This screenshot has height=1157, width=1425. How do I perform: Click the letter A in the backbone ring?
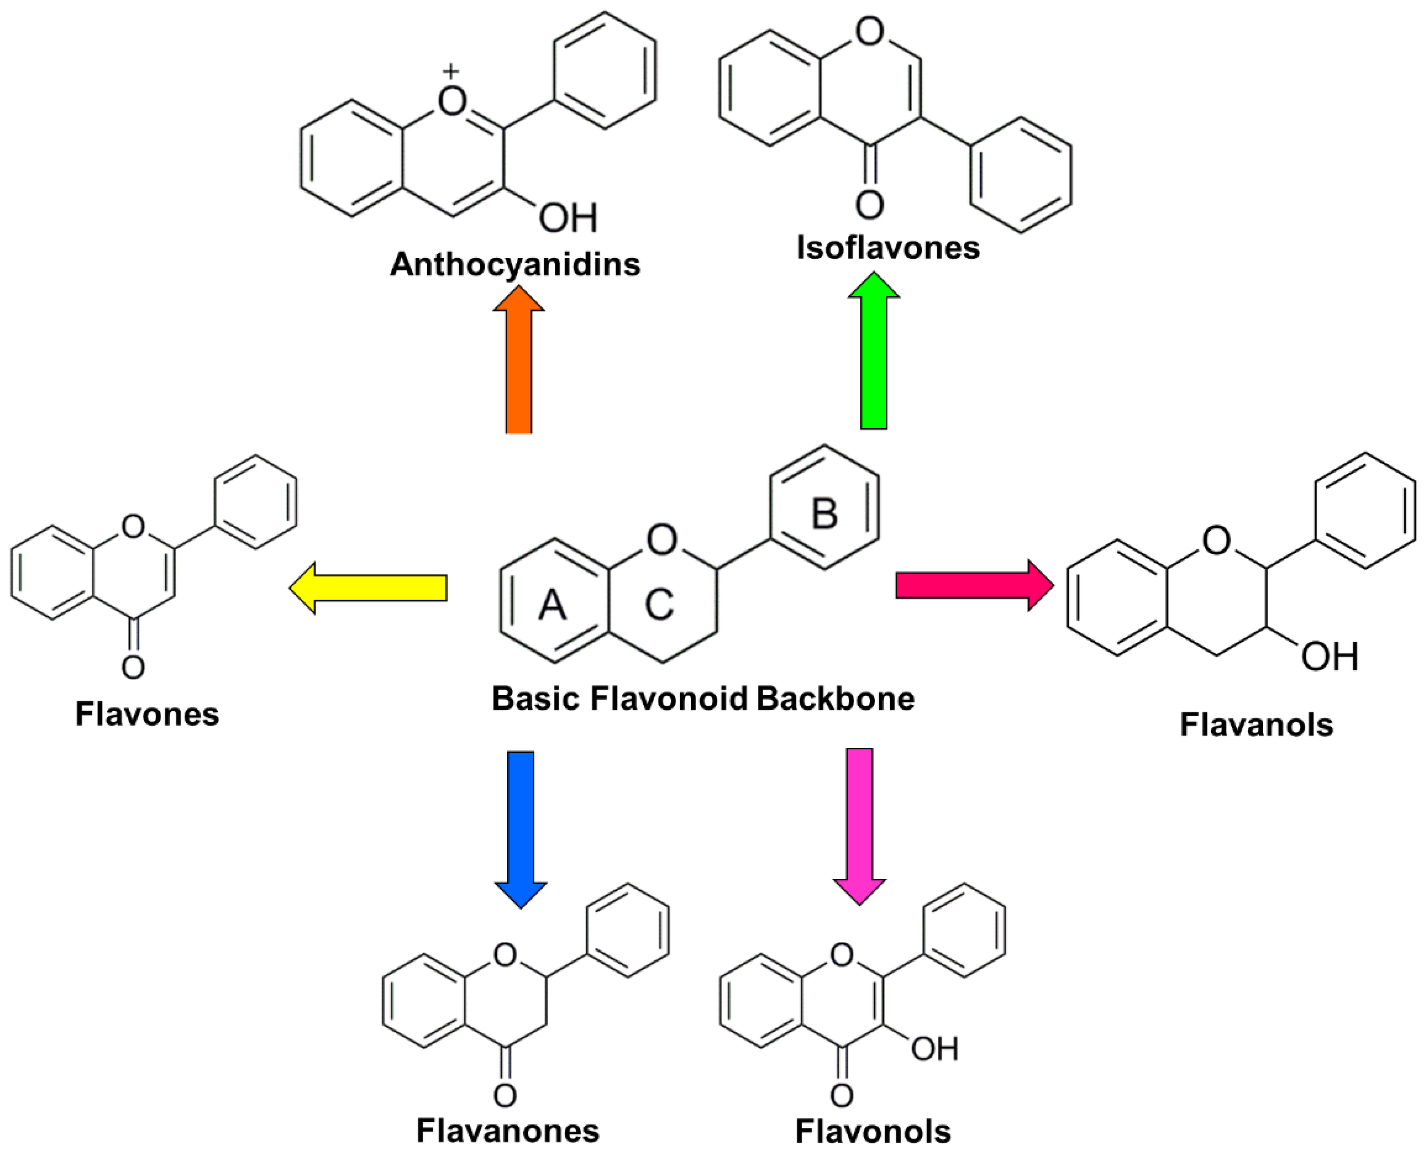[552, 605]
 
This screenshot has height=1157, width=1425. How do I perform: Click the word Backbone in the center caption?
[835, 698]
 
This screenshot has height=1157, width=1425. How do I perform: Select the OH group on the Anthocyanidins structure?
[568, 218]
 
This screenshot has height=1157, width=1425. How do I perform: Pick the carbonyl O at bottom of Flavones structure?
[133, 667]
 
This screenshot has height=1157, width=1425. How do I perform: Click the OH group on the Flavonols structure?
[935, 1049]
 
